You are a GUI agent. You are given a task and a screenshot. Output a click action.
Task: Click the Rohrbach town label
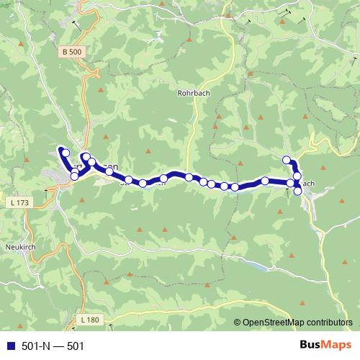tap(192, 93)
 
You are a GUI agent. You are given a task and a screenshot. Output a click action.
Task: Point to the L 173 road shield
tap(21, 204)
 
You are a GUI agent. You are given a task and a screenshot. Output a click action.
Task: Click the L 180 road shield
tap(90, 319)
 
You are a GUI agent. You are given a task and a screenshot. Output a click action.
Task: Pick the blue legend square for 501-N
tap(10, 346)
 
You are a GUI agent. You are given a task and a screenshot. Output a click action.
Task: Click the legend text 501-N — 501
tap(53, 346)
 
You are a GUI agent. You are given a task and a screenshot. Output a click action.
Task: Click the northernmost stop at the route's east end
tap(287, 160)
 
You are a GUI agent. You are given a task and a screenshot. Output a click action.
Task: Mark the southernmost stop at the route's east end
tap(298, 191)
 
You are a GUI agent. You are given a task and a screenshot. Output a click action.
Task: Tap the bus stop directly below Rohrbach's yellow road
tap(189, 177)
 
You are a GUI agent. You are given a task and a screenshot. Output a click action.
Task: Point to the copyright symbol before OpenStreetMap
tap(238, 323)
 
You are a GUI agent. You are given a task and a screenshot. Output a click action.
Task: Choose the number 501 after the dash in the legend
tap(76, 346)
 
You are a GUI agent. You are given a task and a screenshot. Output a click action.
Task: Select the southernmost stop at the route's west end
tap(74, 176)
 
